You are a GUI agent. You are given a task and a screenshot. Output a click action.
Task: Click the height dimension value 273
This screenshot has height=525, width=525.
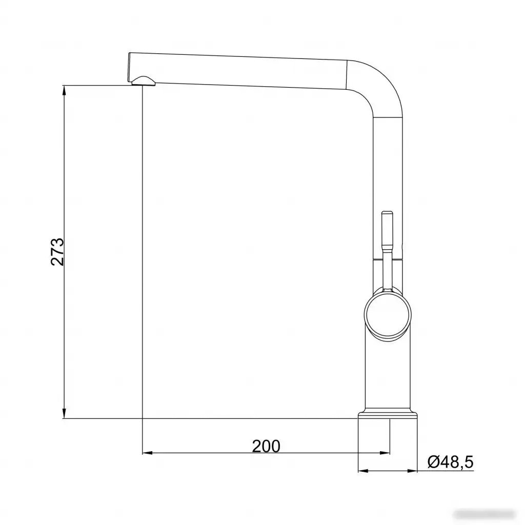coord(57,251)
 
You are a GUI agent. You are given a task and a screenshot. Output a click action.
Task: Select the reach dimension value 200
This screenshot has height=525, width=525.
coord(266,446)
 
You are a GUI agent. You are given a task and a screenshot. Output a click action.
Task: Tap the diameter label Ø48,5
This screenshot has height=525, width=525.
coord(450,462)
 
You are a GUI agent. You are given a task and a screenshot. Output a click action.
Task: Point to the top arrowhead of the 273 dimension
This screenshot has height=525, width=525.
coord(64,90)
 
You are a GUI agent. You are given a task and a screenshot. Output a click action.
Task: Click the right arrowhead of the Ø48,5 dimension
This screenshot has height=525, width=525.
coord(411,471)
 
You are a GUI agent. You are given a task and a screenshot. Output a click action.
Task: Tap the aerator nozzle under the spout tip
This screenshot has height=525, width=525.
coord(142,80)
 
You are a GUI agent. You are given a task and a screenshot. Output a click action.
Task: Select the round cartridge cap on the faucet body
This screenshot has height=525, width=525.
coord(387,313)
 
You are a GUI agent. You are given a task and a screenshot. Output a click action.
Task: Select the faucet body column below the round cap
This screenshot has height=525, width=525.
coord(387,374)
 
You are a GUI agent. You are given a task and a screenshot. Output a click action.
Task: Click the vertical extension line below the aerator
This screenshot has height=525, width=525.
coord(142,256)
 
